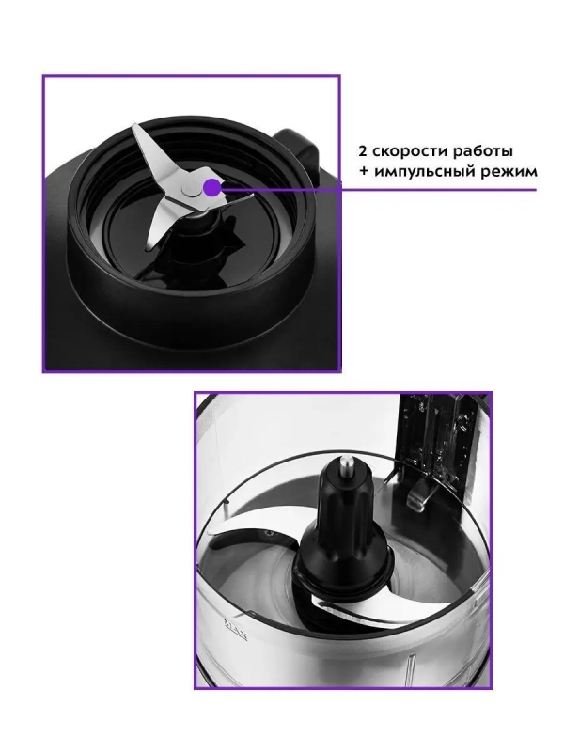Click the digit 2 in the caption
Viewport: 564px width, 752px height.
pos(363,151)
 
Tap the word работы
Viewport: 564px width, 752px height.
pos(486,150)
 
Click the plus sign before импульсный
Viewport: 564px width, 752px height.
pos(364,172)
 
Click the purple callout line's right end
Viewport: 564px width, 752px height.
pos(536,190)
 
